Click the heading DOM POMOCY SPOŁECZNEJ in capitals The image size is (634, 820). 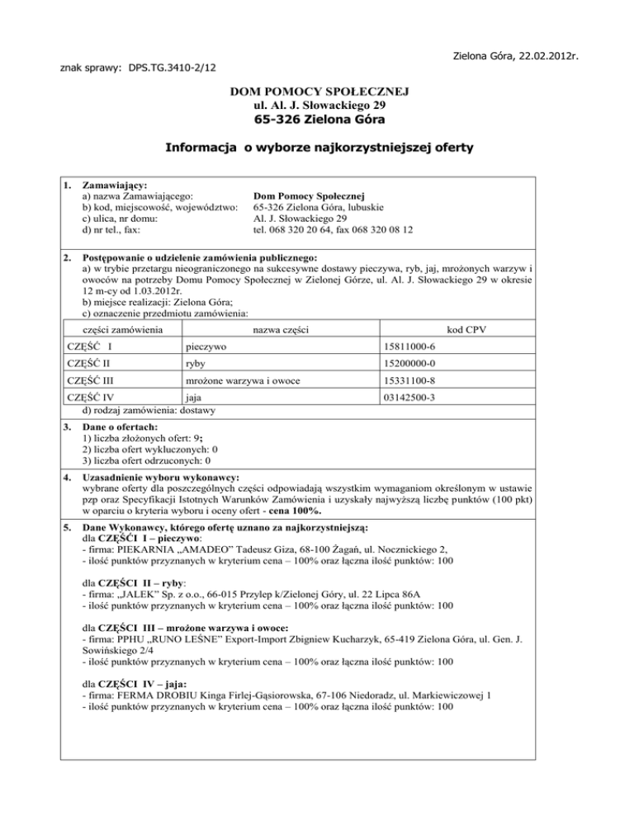[x=316, y=92]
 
